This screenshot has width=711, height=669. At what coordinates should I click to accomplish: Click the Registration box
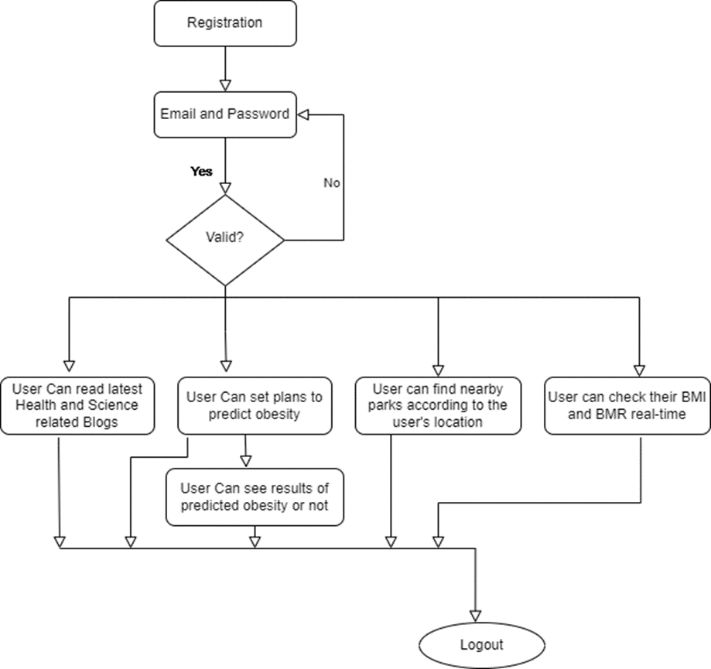point(225,22)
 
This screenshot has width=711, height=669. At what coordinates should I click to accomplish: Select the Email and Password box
point(225,114)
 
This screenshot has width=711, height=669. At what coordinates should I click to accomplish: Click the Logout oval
point(481,644)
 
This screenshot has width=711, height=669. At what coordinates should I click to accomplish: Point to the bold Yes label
point(202,172)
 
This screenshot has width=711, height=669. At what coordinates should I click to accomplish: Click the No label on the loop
point(332,183)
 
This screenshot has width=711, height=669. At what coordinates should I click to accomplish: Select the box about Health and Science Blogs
point(77,404)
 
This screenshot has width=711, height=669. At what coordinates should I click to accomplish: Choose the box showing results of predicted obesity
point(255,497)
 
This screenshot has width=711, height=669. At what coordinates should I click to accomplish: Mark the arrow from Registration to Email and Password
point(225,67)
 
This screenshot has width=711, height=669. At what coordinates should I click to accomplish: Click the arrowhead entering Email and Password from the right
point(303,114)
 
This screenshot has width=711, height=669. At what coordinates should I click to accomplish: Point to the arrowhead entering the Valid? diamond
point(225,188)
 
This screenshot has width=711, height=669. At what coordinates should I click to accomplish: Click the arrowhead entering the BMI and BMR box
point(639,368)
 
